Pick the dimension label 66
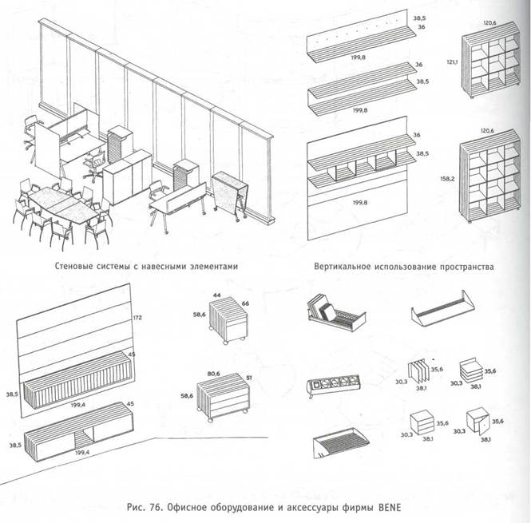pos(246,303)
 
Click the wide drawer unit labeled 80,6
pos(223,398)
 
